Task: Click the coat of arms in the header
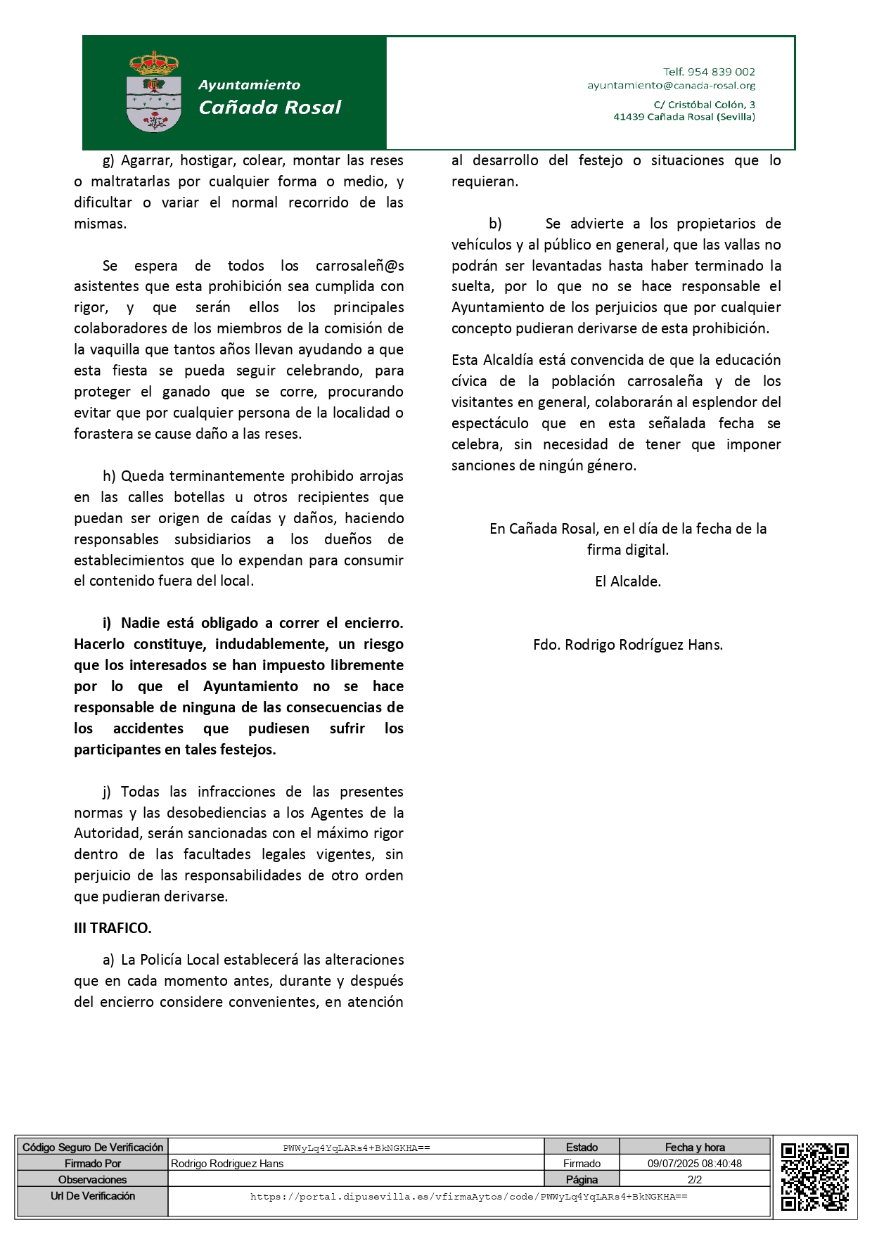pos(154,92)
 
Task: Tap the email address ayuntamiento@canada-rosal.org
pos(671,86)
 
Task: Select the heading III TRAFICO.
pos(113,928)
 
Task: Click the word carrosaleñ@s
pos(359,266)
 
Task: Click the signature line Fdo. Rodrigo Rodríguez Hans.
pos(628,645)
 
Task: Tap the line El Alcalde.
pos(628,581)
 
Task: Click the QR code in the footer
pos(814,1176)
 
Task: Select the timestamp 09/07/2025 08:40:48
pos(695,1164)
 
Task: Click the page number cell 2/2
pos(695,1180)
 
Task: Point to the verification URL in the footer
pos(469,1197)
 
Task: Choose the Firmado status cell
pos(582,1164)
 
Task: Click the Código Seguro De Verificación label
pos(93,1148)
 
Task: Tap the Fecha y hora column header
pos(695,1148)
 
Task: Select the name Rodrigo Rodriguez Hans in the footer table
pos(227,1164)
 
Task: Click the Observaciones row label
pos(93,1180)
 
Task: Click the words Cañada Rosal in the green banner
pos(270,108)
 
